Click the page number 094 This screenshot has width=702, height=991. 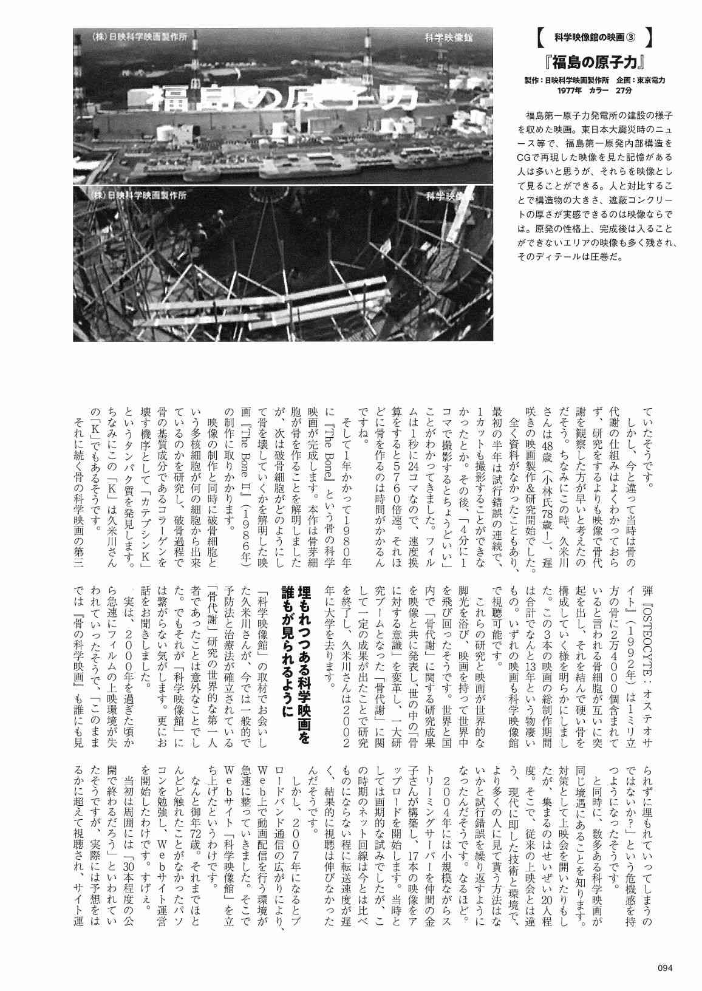[666, 969]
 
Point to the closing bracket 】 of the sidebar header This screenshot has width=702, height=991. [650, 38]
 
